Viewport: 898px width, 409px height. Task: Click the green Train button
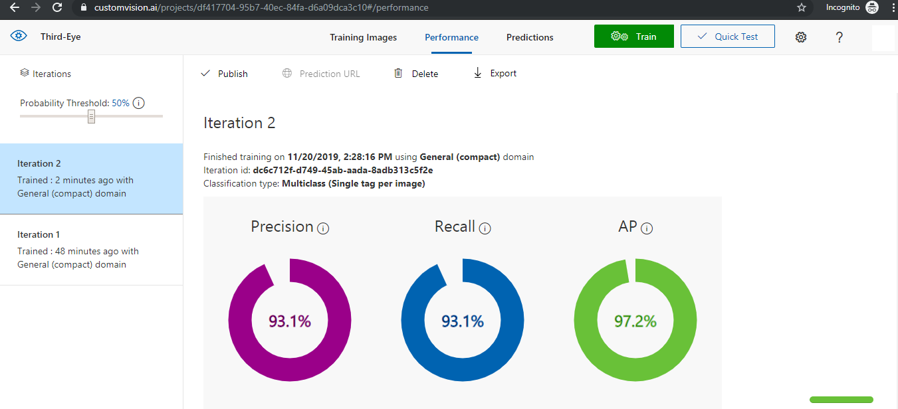point(633,37)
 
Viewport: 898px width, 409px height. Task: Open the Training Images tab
point(363,37)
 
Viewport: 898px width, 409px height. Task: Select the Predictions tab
point(530,37)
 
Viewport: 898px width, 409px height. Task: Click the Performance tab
point(451,37)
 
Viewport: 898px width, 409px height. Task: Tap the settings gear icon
point(801,37)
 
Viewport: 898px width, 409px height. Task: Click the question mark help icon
point(840,37)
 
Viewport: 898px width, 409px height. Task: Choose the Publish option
point(224,74)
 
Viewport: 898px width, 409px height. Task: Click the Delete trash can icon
point(398,73)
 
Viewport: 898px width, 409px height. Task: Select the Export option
point(495,73)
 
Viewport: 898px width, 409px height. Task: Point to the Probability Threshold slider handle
point(92,116)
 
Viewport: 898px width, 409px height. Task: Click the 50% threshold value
point(120,103)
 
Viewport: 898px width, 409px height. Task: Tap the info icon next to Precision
point(323,228)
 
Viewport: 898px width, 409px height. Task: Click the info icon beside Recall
point(485,228)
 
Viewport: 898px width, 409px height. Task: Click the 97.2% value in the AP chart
point(635,321)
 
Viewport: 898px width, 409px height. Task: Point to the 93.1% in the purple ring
point(290,321)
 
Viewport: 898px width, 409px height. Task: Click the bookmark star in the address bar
point(802,8)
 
